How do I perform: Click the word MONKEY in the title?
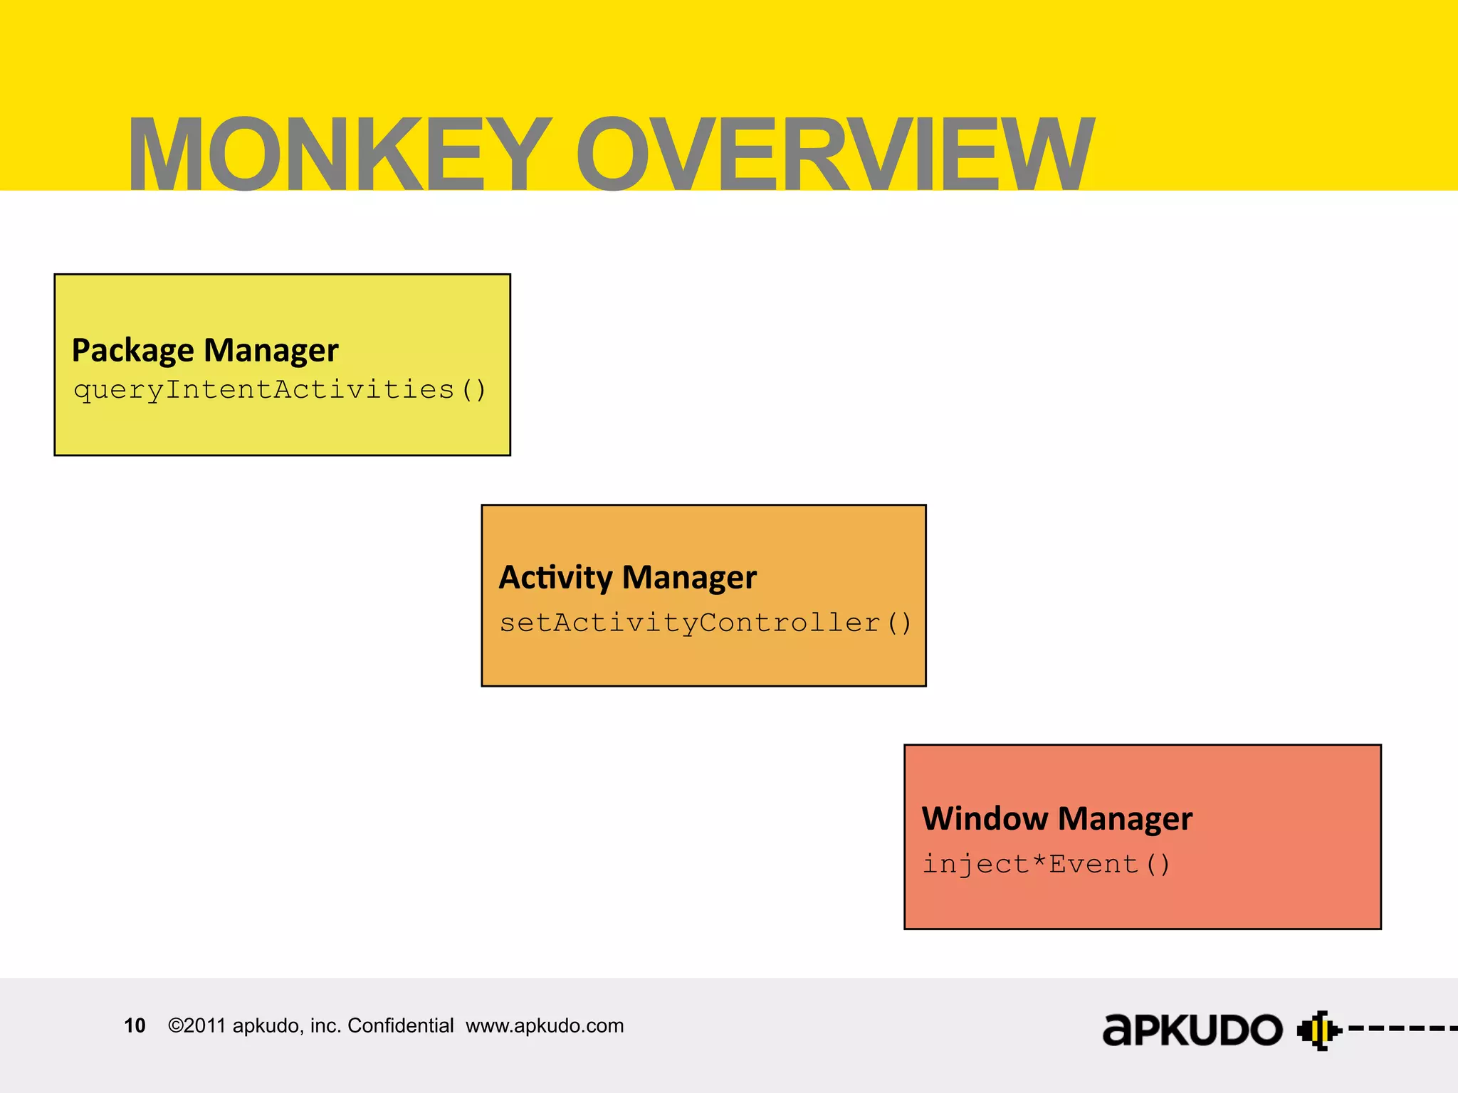pyautogui.click(x=339, y=154)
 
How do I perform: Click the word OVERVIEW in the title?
pyautogui.click(x=834, y=154)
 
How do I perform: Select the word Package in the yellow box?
pyautogui.click(x=133, y=351)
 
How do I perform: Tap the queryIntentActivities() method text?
pyautogui.click(x=280, y=390)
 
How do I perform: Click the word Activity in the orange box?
pyautogui.click(x=555, y=577)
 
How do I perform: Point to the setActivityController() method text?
pyautogui.click(x=705, y=623)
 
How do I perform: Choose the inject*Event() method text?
pyautogui.click(x=1046, y=864)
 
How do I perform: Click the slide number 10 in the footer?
pyautogui.click(x=135, y=1025)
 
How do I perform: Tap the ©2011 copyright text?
pyautogui.click(x=197, y=1025)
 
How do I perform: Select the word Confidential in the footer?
pyautogui.click(x=400, y=1025)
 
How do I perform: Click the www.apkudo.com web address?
pyautogui.click(x=545, y=1025)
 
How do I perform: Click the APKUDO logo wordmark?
pyautogui.click(x=1192, y=1030)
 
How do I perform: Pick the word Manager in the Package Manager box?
pyautogui.click(x=271, y=351)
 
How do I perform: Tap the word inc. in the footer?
pyautogui.click(x=325, y=1025)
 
